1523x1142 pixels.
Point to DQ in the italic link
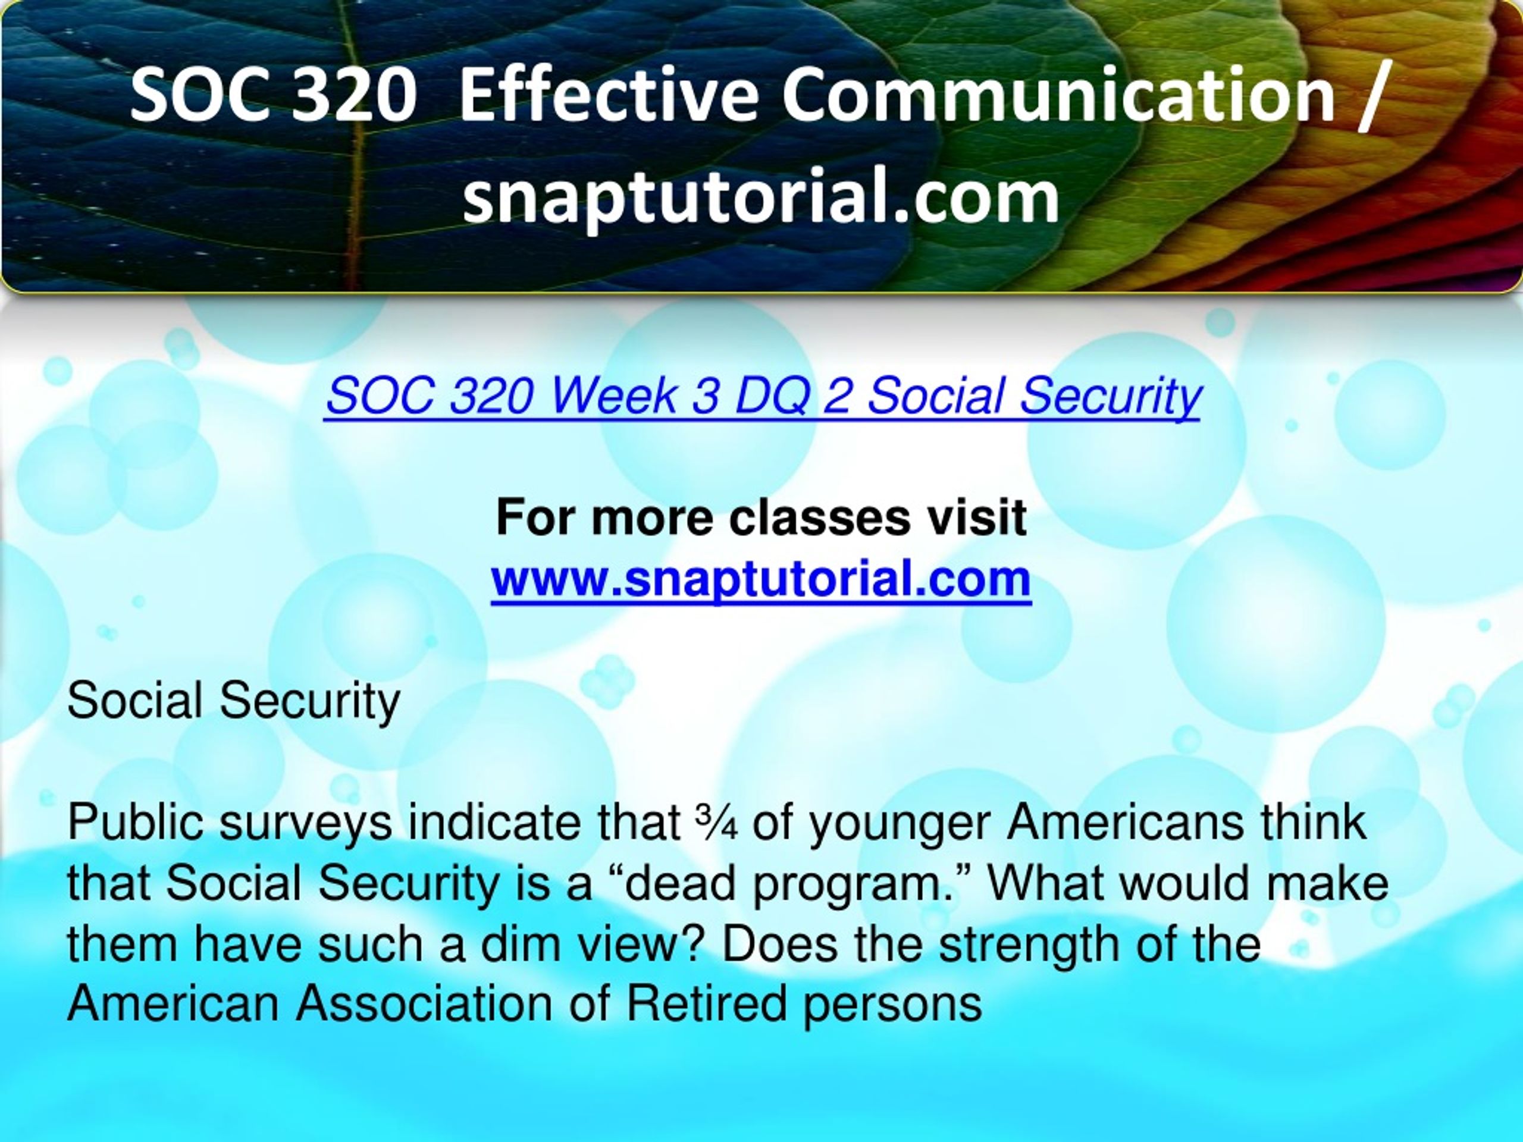(771, 397)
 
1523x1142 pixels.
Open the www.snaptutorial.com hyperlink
(761, 579)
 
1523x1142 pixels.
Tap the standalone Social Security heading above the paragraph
(233, 701)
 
